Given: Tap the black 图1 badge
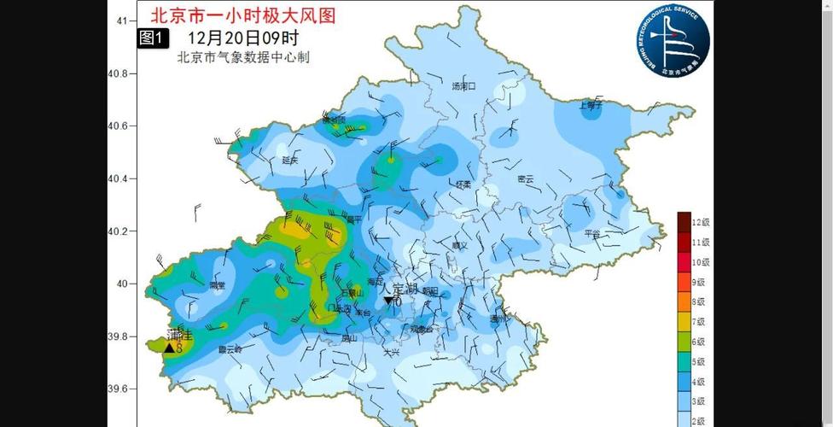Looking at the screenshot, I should point(154,38).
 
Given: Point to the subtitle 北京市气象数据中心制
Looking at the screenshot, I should point(242,57).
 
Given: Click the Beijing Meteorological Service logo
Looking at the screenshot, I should point(673,42).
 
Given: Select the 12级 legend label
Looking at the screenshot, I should point(701,222).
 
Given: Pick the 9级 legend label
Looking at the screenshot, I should point(699,282).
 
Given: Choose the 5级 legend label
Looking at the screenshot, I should point(699,361).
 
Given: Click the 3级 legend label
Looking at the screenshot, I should point(699,401).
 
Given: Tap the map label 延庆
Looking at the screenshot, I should point(289,160).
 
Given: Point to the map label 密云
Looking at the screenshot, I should point(525,178).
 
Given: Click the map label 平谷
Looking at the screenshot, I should point(591,233).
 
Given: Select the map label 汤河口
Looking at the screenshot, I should point(463,86).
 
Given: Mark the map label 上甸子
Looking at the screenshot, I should point(591,106).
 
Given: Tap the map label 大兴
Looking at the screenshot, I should point(392,351).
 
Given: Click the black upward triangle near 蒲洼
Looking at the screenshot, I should point(169,348).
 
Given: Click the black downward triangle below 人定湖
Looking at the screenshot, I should point(388,301).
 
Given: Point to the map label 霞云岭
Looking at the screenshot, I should point(230,348).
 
